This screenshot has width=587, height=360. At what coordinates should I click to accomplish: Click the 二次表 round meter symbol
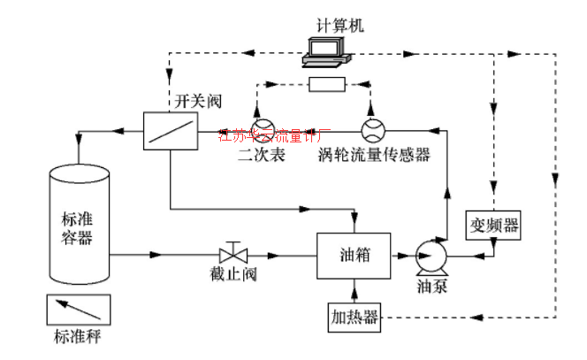coord(263,131)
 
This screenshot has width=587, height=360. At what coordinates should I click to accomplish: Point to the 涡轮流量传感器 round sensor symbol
coord(371,131)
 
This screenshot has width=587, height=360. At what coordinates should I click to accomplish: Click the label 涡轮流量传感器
coord(374,156)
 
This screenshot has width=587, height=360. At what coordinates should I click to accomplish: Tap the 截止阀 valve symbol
coord(234,252)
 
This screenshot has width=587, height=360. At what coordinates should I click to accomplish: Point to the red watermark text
coord(274,135)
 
